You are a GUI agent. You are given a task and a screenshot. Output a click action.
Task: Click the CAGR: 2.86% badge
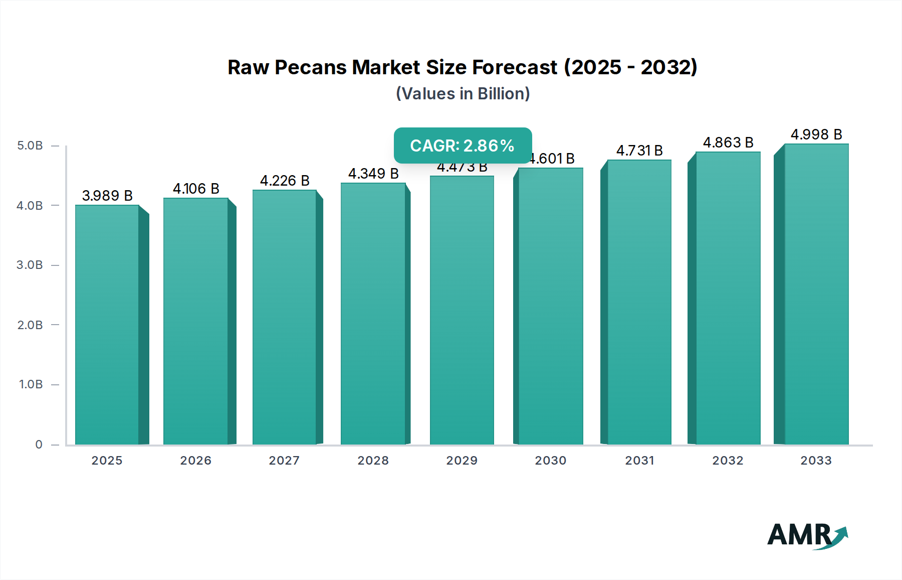click(463, 146)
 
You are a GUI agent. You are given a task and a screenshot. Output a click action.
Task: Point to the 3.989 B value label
click(107, 196)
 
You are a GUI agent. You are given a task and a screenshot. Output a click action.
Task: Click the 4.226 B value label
click(285, 181)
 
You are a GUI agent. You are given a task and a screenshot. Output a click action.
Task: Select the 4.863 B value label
click(728, 142)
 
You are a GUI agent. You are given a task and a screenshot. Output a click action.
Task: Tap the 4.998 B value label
click(816, 134)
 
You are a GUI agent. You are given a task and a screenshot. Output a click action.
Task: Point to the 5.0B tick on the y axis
click(30, 146)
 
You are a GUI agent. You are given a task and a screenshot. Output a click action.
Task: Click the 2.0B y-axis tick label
click(30, 325)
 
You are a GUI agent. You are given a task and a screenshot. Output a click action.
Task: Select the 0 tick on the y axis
click(39, 444)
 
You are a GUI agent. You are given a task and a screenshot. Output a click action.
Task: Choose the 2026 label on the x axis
click(196, 460)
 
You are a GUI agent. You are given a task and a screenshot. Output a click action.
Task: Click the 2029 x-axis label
click(462, 460)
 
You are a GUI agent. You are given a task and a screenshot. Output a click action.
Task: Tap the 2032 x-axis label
click(728, 460)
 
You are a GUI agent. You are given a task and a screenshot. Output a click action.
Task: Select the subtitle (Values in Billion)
click(463, 94)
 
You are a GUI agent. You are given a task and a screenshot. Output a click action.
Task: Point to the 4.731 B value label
click(639, 151)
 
